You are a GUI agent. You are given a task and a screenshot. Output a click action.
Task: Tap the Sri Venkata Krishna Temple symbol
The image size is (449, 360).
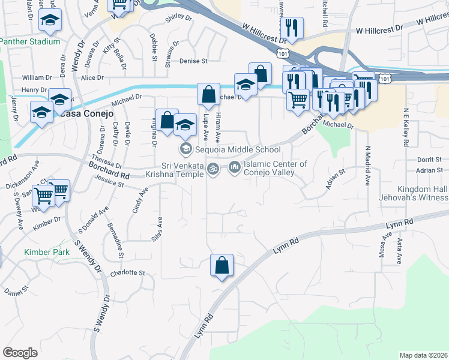tap(212, 170)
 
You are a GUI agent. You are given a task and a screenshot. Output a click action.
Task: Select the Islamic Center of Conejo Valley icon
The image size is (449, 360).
tap(234, 168)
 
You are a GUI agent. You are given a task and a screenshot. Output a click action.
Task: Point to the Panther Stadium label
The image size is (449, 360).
tap(30, 42)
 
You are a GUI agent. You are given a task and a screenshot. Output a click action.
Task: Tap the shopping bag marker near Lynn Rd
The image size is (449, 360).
tap(221, 265)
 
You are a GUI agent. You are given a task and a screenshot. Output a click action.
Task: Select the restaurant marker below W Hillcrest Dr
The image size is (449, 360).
tap(292, 28)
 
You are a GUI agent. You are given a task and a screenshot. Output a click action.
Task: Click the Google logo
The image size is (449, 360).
tap(20, 353)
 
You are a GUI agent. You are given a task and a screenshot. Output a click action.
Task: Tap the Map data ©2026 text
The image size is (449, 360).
tap(423, 355)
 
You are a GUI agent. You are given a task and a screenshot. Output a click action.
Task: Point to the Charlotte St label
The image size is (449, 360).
tap(128, 273)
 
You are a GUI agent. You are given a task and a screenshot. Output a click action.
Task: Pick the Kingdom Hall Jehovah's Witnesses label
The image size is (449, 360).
tap(413, 193)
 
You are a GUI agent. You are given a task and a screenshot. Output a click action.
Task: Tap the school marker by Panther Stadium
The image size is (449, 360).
tap(50, 21)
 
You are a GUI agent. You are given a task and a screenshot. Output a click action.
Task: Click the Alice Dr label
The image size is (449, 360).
tap(92, 78)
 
